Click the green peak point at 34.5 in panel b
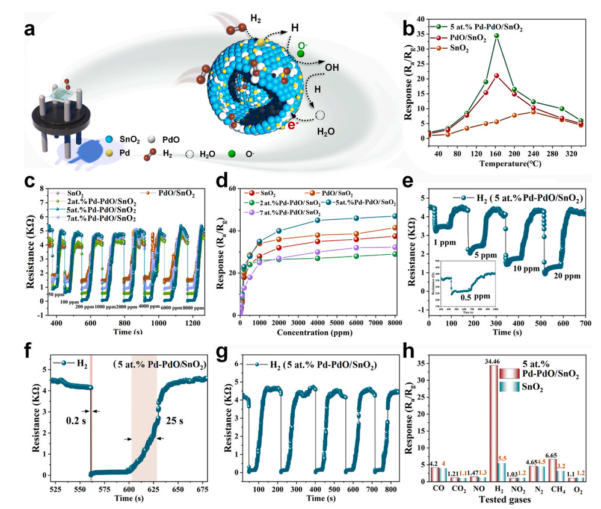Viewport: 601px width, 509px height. click(497, 36)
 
